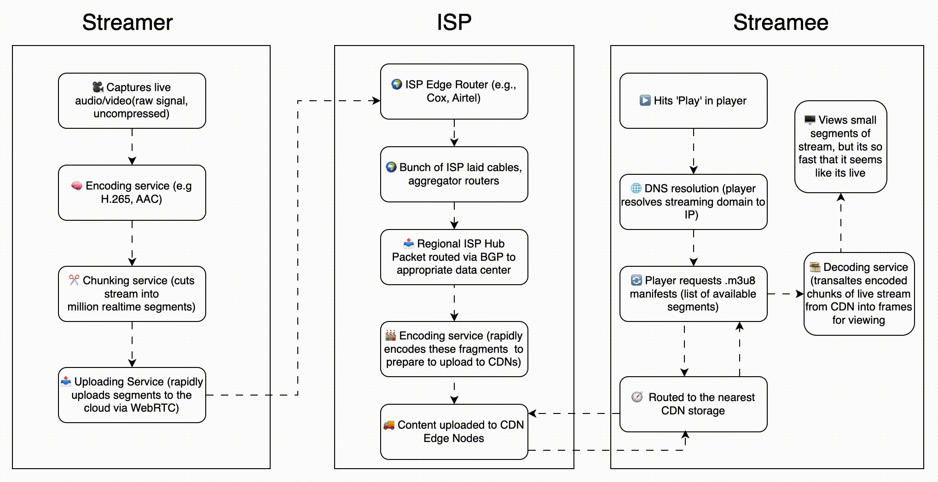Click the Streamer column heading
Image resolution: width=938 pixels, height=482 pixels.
coord(127,23)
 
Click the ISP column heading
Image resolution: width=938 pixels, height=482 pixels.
coord(454,23)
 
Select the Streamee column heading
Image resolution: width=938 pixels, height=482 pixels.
coord(781,23)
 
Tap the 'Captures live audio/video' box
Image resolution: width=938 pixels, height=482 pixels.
coord(132,100)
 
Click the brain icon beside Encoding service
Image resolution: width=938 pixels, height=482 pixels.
coord(76,186)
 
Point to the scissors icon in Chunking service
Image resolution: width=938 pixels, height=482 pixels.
coord(74,280)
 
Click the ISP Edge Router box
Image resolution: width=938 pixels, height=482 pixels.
coord(454,91)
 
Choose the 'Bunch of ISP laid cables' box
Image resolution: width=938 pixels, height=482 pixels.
coord(454,174)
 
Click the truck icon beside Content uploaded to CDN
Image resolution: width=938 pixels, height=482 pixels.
coord(389,425)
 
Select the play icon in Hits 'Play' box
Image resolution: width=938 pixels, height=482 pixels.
coord(645,100)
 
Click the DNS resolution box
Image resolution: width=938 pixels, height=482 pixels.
coord(693,201)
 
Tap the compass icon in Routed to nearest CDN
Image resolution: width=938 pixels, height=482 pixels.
coord(637,397)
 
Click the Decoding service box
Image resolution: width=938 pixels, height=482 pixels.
coord(859,293)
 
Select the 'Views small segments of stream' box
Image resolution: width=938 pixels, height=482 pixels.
coord(840,146)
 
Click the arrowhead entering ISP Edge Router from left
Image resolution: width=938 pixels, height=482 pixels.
coord(376,100)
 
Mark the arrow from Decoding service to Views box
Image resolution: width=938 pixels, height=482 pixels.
coord(840,223)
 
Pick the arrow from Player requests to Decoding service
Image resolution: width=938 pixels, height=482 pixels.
coord(786,293)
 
